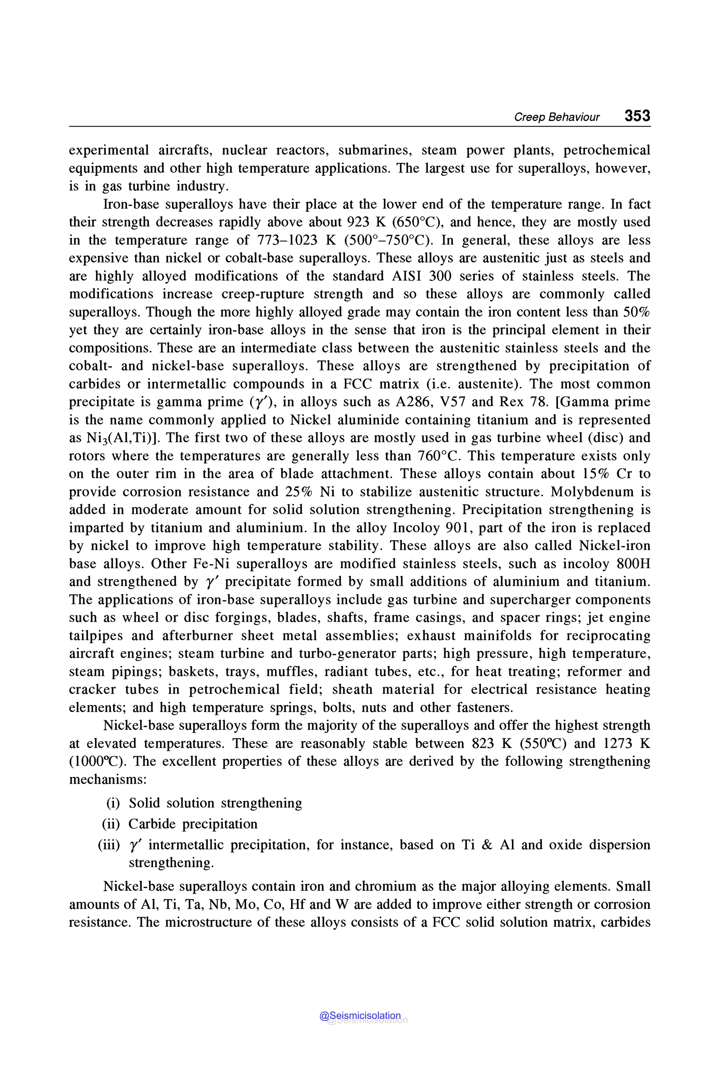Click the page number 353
[637, 116]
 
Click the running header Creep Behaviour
[556, 117]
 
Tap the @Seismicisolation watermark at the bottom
[360, 1016]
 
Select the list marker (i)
[113, 803]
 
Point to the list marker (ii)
[111, 824]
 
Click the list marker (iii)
[109, 845]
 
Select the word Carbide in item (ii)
[152, 824]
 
